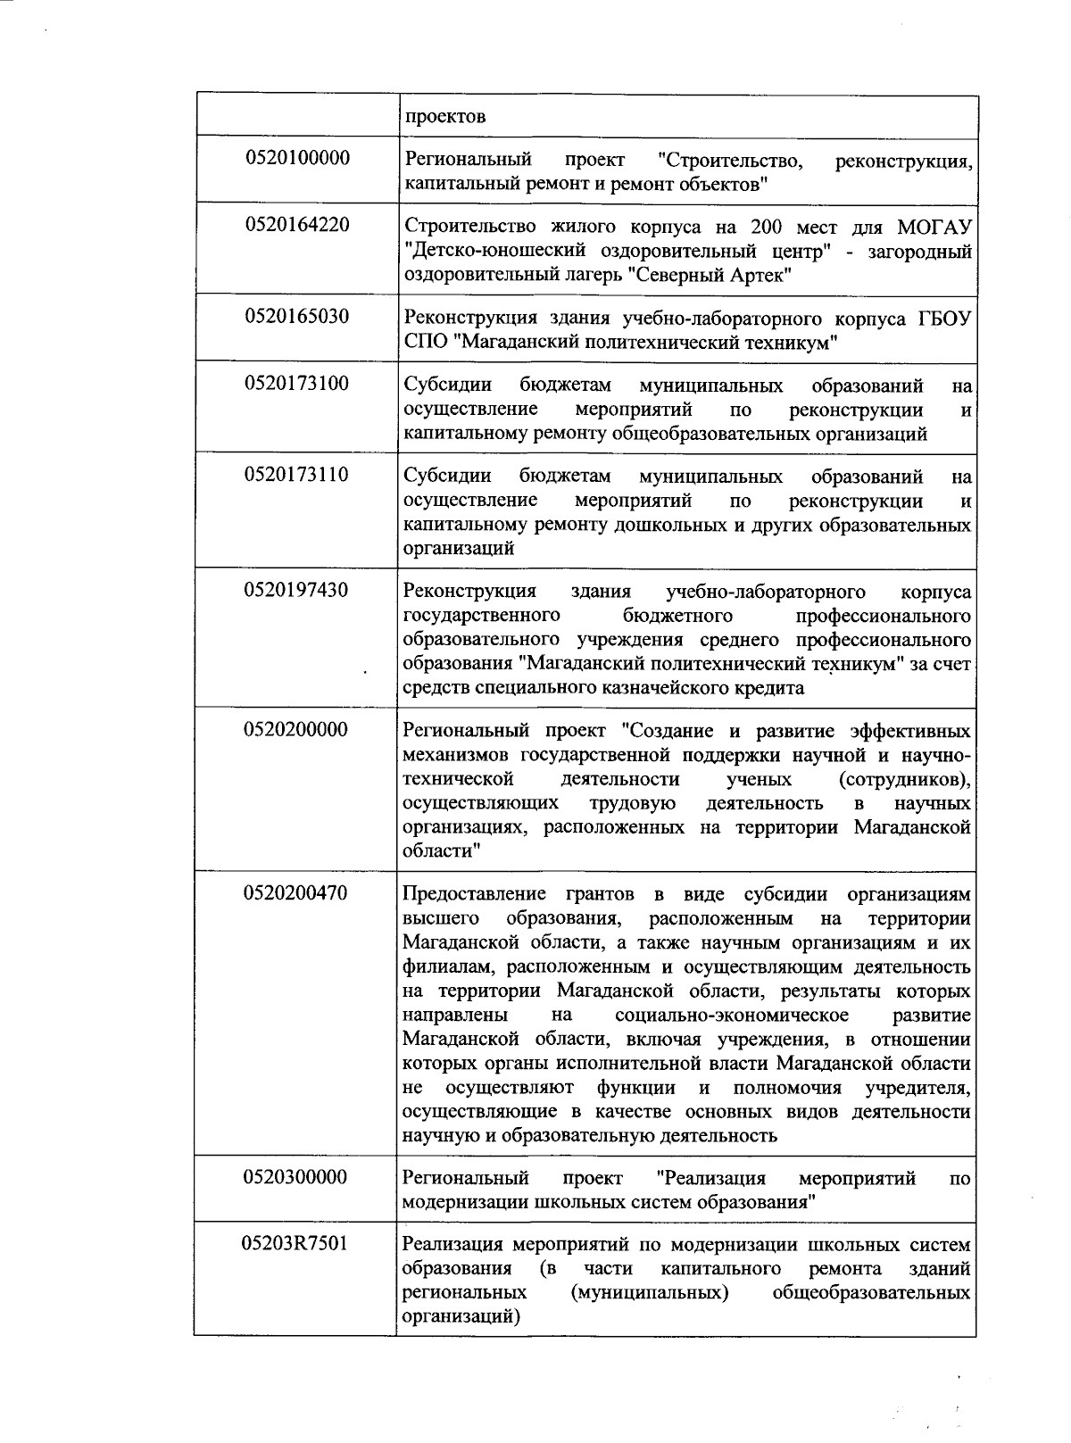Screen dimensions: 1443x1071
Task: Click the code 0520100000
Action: (x=296, y=159)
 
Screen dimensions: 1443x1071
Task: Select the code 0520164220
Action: (x=296, y=225)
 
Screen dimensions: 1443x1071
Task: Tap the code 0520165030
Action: (x=296, y=317)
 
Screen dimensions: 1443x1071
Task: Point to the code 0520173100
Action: (x=296, y=384)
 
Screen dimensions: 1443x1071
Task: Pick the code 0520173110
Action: (x=296, y=475)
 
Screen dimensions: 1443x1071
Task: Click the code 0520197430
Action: (x=296, y=590)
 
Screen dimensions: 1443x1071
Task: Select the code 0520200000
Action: (x=296, y=730)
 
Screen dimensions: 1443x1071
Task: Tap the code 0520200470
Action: (x=296, y=893)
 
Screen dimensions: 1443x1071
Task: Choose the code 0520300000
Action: (x=296, y=1177)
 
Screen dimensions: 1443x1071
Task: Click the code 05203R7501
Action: (x=296, y=1243)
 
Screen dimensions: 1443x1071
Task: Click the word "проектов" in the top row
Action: (x=445, y=117)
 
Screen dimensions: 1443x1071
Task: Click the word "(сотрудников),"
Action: (x=904, y=780)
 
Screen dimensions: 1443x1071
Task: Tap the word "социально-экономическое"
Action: (x=731, y=1016)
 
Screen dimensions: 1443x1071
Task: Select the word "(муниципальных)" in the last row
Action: (x=648, y=1293)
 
